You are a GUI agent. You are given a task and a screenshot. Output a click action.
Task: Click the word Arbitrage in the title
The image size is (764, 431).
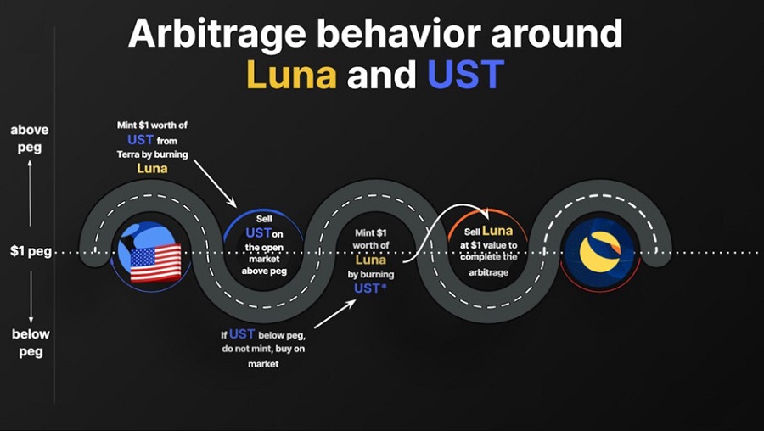(216, 34)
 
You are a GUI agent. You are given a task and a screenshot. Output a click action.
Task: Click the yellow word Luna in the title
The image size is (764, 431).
(291, 75)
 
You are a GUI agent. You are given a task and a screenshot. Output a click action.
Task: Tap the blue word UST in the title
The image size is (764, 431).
(465, 75)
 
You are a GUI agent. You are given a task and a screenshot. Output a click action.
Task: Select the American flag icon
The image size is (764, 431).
(155, 262)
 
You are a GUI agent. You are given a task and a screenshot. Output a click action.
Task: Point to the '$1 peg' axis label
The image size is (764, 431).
(31, 252)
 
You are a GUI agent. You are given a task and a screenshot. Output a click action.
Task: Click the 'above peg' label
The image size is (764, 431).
(29, 139)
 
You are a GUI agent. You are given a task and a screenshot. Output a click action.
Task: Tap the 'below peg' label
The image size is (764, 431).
(31, 343)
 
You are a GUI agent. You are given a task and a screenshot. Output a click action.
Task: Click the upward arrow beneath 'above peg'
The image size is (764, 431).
(31, 193)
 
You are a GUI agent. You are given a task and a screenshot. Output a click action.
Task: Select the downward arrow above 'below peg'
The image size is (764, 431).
(31, 297)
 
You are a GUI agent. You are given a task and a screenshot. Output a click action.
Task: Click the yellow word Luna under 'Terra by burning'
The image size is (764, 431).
(152, 169)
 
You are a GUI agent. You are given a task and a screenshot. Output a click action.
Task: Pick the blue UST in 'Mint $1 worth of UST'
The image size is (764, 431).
(140, 140)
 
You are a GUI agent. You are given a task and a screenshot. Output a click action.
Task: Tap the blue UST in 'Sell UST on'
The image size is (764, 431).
(258, 232)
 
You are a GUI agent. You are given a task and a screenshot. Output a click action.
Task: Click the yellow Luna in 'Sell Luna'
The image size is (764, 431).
(497, 231)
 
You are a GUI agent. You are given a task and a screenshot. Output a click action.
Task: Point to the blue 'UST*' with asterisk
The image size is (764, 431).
(370, 288)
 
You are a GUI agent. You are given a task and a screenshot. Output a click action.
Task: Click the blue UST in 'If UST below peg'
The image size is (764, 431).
(242, 334)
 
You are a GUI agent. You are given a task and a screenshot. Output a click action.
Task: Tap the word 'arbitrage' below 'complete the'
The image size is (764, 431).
(488, 272)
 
